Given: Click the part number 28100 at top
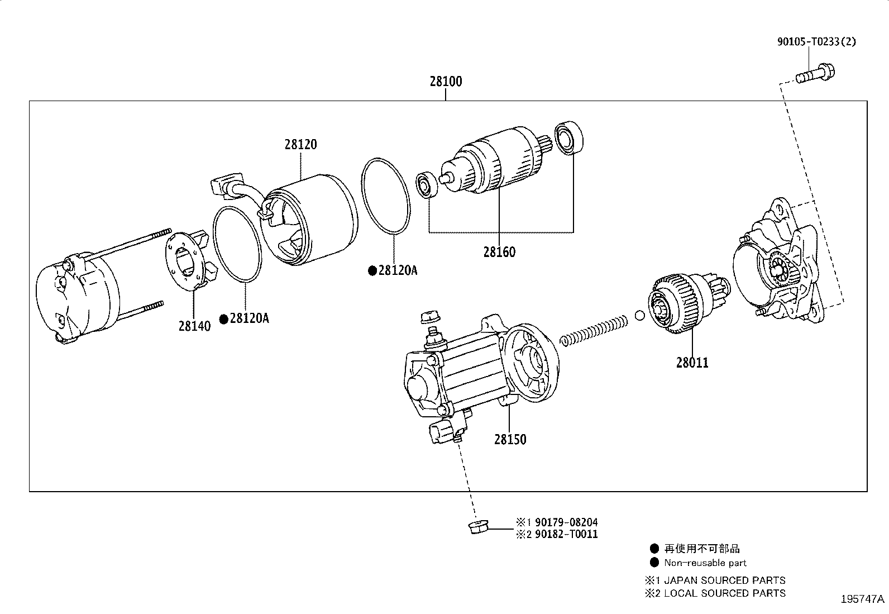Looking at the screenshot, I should coord(446,82).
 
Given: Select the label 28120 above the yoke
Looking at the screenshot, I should coord(300,144).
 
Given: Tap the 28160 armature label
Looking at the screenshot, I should coord(499,252).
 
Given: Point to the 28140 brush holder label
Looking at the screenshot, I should coord(194,326).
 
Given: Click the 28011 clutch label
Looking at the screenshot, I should coord(692,363).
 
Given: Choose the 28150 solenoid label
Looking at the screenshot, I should coord(510,439).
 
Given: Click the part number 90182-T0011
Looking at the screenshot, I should coord(566,534).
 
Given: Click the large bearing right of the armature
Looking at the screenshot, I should coord(568,137).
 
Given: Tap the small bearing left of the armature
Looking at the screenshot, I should coord(429,185).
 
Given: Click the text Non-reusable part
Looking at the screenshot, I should coord(705,563).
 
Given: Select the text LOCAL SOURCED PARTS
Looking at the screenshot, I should coord(724,593).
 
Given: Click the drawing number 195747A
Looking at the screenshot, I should coord(863,599).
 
